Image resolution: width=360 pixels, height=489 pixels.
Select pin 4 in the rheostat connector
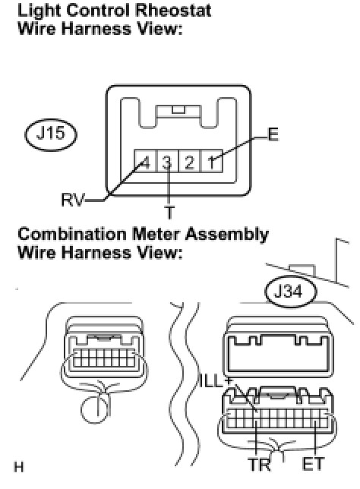click(145, 161)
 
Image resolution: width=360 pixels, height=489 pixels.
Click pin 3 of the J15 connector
click(167, 161)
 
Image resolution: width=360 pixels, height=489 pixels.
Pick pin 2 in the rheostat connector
click(189, 161)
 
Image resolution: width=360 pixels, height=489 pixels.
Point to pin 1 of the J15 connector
click(212, 161)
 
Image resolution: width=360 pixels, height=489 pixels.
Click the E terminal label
click(273, 134)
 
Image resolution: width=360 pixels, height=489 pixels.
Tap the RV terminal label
click(73, 200)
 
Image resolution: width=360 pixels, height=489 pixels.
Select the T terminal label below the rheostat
click(169, 213)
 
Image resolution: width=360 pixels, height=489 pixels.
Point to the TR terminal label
click(260, 465)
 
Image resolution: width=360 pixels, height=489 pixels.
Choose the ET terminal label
click(313, 464)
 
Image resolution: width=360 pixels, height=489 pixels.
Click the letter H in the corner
click(19, 467)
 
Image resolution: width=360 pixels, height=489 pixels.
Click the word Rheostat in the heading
click(173, 11)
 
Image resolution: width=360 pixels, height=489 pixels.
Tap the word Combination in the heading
click(72, 235)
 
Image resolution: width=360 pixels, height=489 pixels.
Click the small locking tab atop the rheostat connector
click(178, 109)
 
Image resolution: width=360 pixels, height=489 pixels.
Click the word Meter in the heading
click(156, 235)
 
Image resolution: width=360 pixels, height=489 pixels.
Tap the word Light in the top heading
click(39, 11)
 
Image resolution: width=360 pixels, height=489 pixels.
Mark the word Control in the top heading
click(98, 11)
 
